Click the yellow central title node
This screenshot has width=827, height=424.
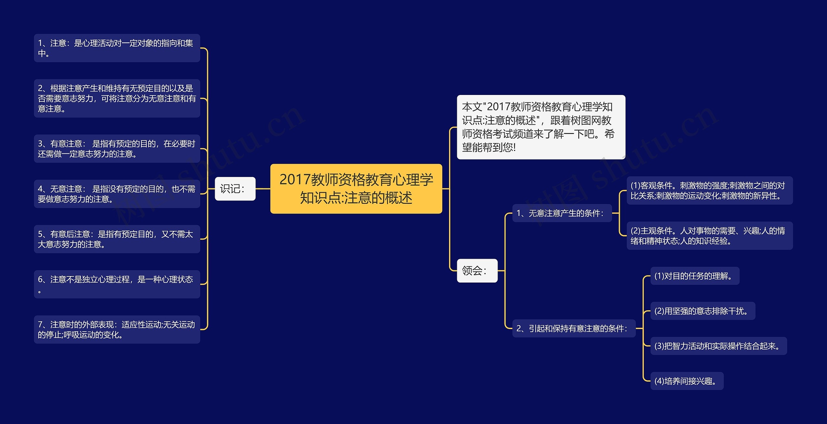[x=356, y=189]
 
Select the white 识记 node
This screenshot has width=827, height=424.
[x=235, y=189]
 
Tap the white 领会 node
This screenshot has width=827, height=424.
[x=477, y=271]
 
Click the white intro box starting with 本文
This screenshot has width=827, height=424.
[x=541, y=127]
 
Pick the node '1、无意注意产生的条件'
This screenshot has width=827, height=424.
[x=562, y=213]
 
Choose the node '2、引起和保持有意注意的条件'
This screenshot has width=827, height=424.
[x=574, y=328]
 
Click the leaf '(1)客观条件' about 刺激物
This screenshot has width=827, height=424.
[x=709, y=191]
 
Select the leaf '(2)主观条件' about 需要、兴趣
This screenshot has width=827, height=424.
[x=709, y=236]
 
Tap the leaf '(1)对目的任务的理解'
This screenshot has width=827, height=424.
[x=695, y=276]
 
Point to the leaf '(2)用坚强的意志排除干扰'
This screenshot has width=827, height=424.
[x=703, y=311]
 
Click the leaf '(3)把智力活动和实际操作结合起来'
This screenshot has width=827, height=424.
[x=718, y=346]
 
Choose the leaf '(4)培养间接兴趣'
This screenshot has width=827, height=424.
[x=687, y=381]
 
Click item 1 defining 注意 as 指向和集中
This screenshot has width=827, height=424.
[x=117, y=48]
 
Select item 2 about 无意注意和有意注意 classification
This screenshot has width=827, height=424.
[x=117, y=98]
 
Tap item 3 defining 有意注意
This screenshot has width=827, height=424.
[x=117, y=149]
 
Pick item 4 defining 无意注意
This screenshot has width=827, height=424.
[x=117, y=194]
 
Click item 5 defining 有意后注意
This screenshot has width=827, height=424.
[x=117, y=239]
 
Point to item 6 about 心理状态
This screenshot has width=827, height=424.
[x=117, y=284]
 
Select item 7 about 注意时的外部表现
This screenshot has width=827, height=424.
[x=117, y=329]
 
